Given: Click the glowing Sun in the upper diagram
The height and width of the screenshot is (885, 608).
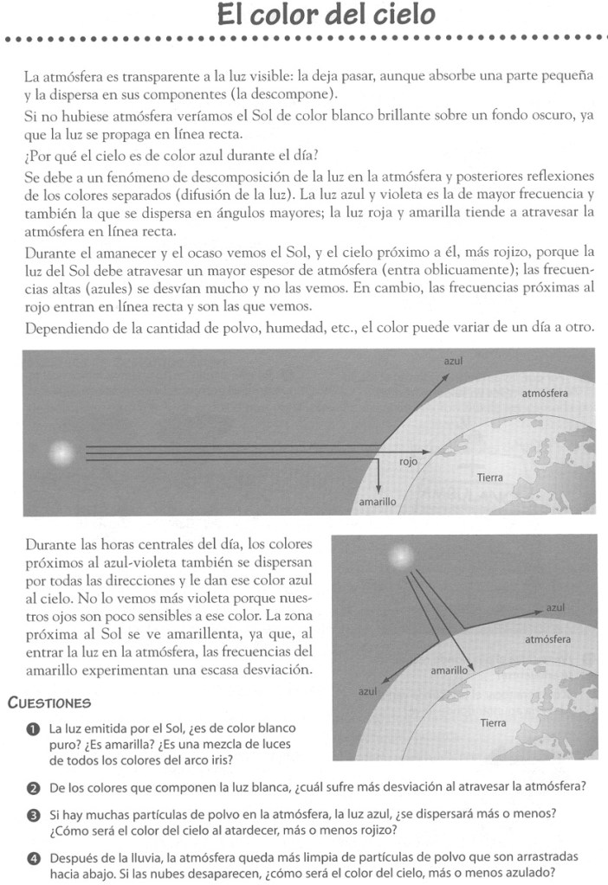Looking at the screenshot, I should point(62,452).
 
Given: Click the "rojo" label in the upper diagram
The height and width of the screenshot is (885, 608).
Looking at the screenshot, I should point(408,463).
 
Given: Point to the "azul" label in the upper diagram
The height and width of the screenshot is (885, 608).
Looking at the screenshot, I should point(451,362).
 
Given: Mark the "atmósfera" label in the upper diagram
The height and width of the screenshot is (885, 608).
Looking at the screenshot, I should point(545,394).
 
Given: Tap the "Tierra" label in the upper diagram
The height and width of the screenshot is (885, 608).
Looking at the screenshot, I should point(490,477).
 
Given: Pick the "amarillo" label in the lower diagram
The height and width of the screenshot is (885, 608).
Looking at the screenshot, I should point(450,670).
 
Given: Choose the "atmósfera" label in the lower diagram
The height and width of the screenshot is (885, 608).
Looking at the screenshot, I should point(547,640).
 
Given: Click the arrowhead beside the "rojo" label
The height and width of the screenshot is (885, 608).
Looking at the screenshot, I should point(428,450).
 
